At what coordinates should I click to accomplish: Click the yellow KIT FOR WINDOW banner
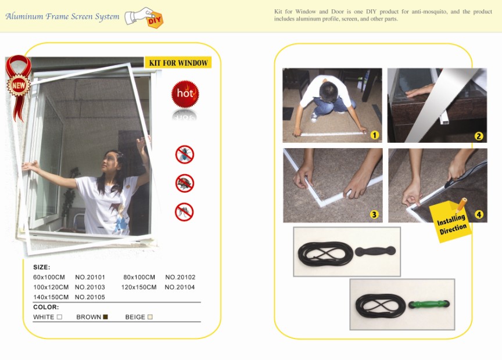tap(178, 62)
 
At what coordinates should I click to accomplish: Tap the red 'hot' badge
tap(185, 93)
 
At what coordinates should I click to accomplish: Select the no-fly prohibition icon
tap(185, 154)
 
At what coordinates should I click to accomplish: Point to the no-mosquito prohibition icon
tap(184, 212)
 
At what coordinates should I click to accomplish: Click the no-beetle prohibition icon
tap(185, 183)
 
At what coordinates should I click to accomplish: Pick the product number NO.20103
tap(90, 287)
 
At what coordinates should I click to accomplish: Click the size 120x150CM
tap(139, 287)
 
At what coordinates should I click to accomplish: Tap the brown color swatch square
tap(105, 317)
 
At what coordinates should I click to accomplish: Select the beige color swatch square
tap(150, 317)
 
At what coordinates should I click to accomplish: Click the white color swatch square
tap(59, 317)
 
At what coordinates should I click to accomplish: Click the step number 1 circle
tap(374, 135)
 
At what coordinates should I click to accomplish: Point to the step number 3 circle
tap(374, 214)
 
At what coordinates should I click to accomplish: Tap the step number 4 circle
tap(479, 214)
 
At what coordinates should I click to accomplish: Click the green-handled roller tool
tap(429, 304)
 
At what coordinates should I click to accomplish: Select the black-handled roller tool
tap(375, 251)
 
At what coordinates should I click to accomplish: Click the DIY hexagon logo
tap(155, 20)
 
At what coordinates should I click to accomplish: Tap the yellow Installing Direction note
tap(450, 221)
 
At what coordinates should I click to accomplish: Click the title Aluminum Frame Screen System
tap(62, 16)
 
